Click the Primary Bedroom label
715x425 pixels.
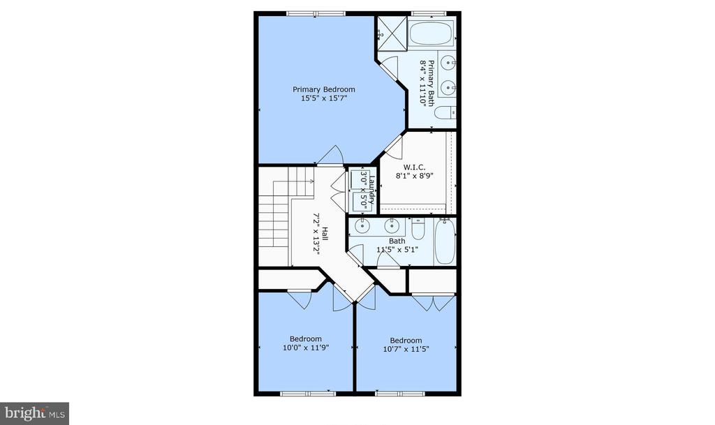coord(324,89)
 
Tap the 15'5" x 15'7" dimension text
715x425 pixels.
coord(324,98)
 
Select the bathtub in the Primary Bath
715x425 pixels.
coord(431,33)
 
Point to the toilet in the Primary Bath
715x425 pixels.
coord(445,112)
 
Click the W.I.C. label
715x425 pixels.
coord(414,167)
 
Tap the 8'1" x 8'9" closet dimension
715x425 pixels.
coord(414,175)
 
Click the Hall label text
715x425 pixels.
coord(325,234)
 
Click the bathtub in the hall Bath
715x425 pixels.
coord(445,241)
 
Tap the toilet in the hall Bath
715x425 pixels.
coord(418,229)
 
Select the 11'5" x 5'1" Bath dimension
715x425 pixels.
coord(397,250)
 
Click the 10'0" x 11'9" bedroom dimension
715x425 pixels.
coord(306,348)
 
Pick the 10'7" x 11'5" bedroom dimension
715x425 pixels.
coord(406,350)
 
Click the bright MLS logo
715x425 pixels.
coord(35,414)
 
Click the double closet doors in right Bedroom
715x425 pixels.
coord(433,303)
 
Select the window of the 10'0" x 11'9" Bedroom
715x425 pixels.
coord(308,393)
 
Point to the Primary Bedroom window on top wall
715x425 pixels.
coord(316,14)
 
